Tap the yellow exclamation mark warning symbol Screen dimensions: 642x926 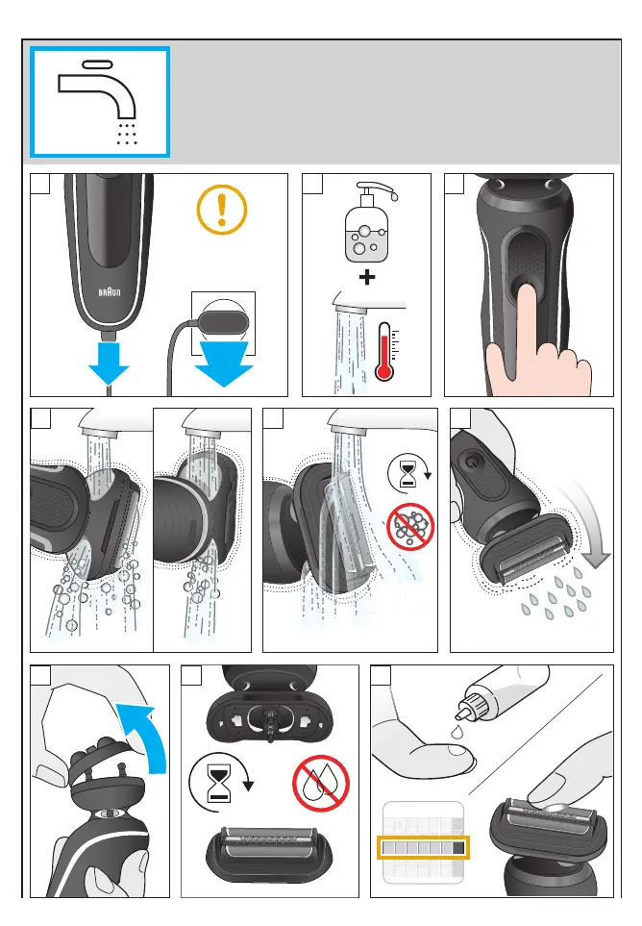click(222, 209)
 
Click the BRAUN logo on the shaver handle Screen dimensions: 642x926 click(110, 291)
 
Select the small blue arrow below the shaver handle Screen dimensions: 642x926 click(109, 363)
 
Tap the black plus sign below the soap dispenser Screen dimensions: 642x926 click(367, 276)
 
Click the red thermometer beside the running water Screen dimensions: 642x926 click(385, 351)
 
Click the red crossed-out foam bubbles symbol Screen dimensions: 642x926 click(410, 527)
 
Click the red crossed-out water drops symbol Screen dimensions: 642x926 click(321, 784)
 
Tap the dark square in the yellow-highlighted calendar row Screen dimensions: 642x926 click(458, 849)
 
